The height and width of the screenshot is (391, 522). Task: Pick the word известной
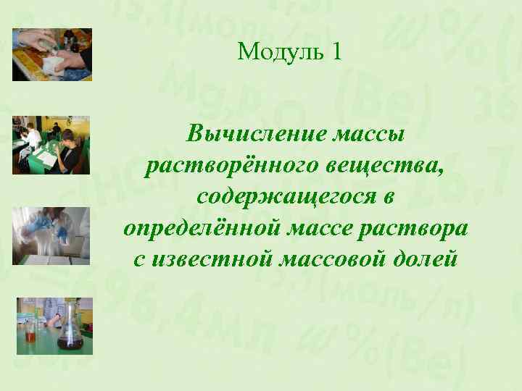coord(208,258)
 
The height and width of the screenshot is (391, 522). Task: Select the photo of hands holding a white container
coord(51,54)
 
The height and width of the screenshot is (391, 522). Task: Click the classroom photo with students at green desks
coord(51,145)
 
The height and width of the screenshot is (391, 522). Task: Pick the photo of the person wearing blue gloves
coord(51,236)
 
